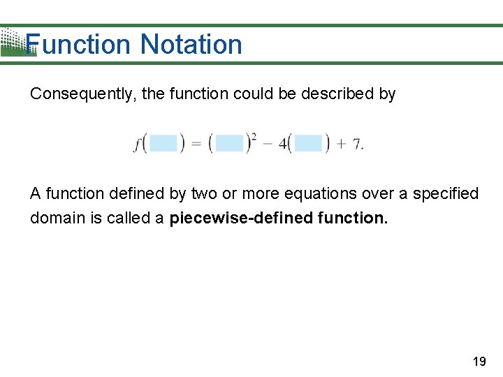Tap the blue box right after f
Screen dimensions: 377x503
coord(163,144)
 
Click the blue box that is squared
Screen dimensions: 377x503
coord(229,144)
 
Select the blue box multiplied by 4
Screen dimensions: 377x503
coord(308,144)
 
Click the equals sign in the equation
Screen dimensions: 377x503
coord(196,145)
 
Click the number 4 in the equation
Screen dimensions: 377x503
coord(283,145)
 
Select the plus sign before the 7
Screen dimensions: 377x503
coord(342,145)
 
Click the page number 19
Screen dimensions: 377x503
coord(479,362)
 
